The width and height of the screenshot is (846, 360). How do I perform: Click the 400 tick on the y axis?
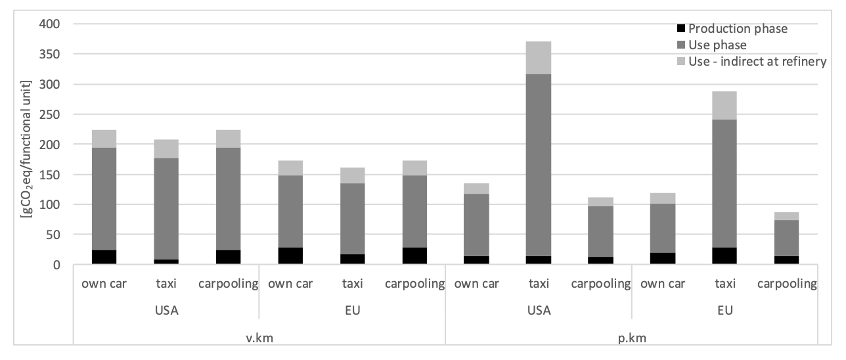pos(49,24)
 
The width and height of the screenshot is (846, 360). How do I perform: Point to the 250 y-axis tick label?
pos(49,114)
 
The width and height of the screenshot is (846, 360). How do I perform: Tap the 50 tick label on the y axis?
pos(53,235)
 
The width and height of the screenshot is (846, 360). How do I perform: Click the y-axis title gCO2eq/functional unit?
pos(26,149)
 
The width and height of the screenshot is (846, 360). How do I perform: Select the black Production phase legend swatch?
pos(681,29)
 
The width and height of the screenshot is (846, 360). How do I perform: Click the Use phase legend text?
pos(717,45)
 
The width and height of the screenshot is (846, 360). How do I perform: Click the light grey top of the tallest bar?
pos(539,58)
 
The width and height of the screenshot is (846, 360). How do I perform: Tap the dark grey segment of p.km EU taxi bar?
pos(724,183)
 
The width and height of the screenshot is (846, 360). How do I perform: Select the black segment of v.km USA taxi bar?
pos(166,261)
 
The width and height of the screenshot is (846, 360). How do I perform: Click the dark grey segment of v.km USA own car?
pos(104,199)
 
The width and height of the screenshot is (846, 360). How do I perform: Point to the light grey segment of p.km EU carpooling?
pos(786,216)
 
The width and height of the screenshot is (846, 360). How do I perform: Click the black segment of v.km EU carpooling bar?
pos(414,256)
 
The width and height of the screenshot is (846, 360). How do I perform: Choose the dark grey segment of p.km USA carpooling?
pos(600,231)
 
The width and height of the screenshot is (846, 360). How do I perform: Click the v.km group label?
pos(259,338)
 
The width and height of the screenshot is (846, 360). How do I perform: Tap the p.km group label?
pos(632,338)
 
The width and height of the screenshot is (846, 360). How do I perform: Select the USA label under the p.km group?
pos(539,311)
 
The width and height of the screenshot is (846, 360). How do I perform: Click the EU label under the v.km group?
pos(353,311)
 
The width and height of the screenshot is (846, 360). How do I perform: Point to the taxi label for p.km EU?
pos(725,283)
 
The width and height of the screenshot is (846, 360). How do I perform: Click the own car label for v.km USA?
pos(104,283)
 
